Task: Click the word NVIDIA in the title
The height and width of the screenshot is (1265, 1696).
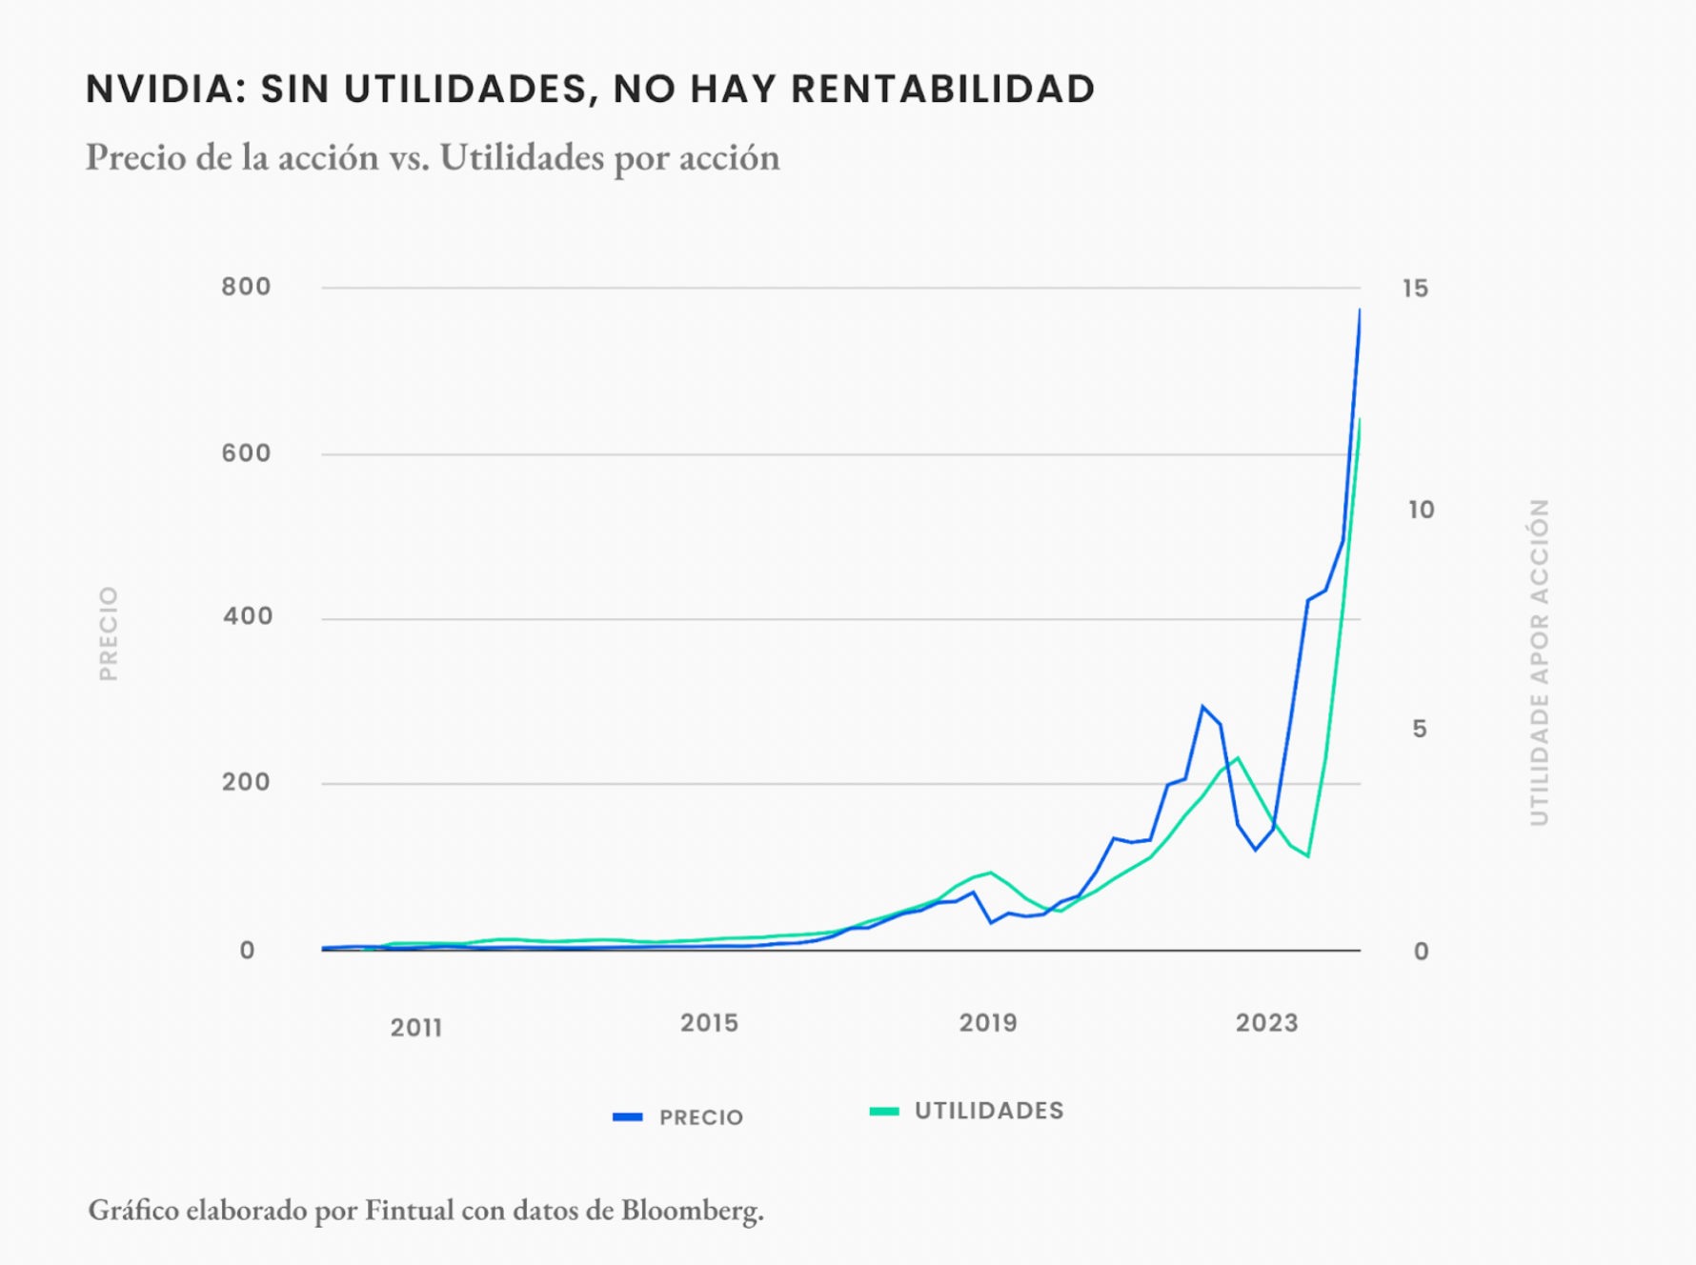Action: (x=158, y=90)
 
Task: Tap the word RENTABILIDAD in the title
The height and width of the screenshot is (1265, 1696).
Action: (x=942, y=90)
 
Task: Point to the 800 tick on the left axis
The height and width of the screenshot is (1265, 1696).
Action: (x=246, y=287)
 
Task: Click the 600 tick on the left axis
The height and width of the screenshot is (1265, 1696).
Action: (x=246, y=453)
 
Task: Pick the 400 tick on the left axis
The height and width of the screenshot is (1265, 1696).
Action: (x=247, y=616)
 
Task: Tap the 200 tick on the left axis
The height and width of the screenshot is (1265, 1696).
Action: (x=246, y=782)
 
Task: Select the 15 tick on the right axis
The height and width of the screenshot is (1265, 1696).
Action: (x=1415, y=289)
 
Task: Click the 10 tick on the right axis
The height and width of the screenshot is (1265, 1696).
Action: (x=1421, y=511)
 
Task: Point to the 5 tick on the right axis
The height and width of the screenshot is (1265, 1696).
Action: (x=1420, y=730)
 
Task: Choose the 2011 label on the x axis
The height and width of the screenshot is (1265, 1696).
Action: (x=416, y=1028)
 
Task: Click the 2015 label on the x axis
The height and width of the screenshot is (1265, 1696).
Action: (x=709, y=1023)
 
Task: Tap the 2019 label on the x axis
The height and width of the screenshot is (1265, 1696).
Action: (x=988, y=1023)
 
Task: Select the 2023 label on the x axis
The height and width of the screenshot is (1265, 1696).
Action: (x=1266, y=1023)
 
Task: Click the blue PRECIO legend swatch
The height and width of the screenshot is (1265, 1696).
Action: (x=627, y=1116)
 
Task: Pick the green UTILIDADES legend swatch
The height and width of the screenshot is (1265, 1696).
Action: (x=884, y=1111)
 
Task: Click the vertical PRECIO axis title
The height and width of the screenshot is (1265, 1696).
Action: (x=109, y=633)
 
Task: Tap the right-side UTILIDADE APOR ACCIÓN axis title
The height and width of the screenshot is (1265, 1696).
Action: (x=1539, y=662)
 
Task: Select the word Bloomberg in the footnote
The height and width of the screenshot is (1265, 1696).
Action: (x=692, y=1210)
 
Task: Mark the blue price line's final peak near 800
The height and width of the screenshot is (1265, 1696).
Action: (x=1360, y=311)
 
